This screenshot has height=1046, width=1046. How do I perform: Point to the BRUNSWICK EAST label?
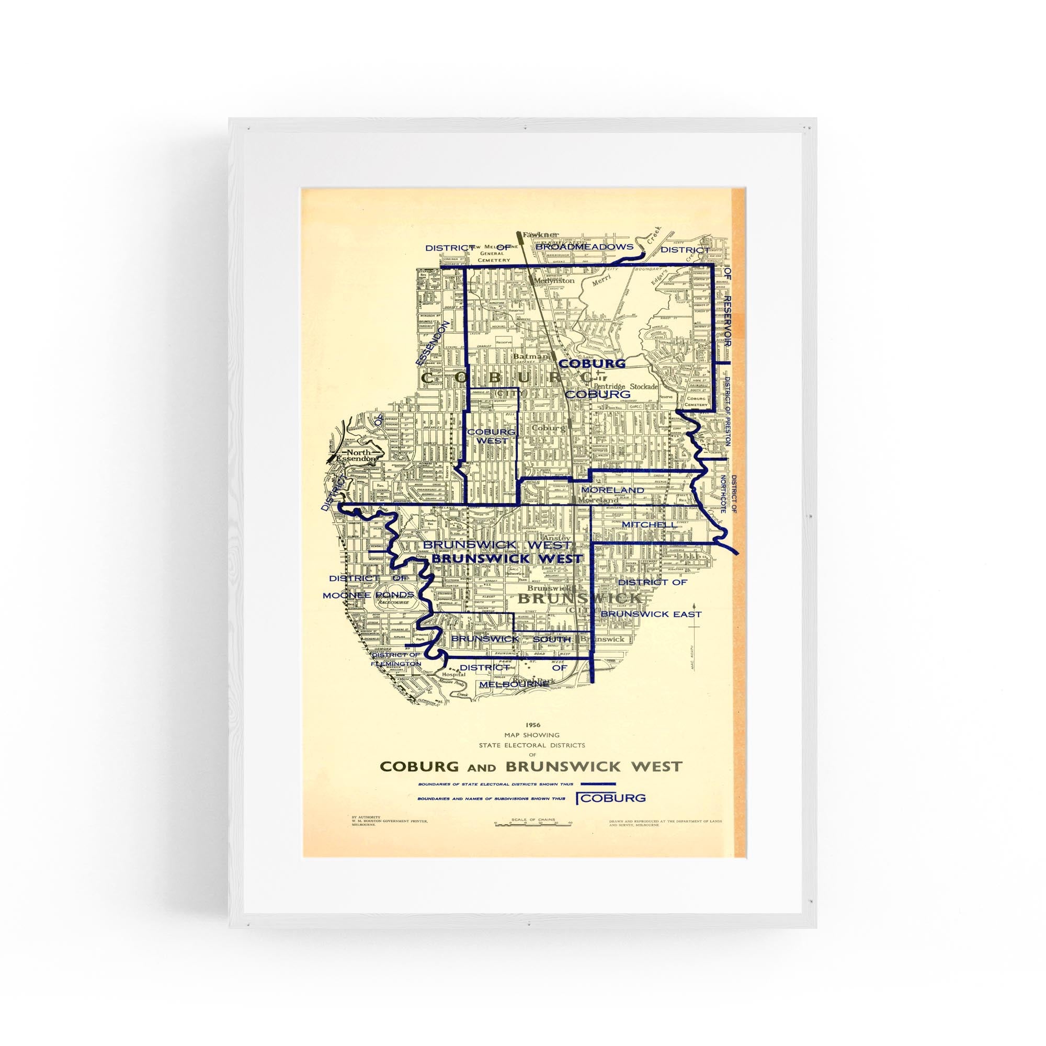tap(651, 614)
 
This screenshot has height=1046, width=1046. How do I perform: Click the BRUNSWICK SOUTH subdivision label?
tap(510, 639)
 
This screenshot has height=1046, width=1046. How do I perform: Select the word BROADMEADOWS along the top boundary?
tap(584, 247)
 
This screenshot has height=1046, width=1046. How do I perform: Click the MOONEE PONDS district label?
tap(368, 595)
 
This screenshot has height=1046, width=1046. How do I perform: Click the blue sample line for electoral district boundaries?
tap(598, 783)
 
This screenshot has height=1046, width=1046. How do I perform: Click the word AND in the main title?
tap(482, 767)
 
